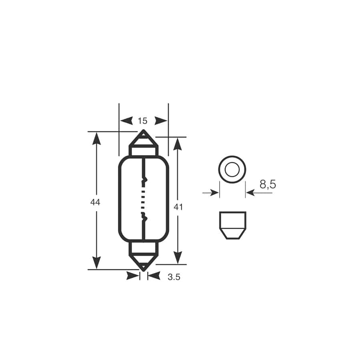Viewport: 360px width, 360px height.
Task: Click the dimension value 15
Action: [x=142, y=121]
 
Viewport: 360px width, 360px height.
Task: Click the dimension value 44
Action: [x=95, y=202]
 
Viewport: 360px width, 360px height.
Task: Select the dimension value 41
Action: [x=178, y=207]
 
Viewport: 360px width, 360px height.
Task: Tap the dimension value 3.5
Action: [x=174, y=277]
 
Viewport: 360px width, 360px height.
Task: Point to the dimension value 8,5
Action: [x=268, y=184]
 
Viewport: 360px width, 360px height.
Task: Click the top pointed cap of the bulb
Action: [x=143, y=139]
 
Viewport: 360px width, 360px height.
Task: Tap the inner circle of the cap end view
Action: [x=232, y=170]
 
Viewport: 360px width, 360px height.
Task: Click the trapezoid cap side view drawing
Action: [x=233, y=225]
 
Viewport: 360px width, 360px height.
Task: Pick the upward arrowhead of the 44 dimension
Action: [x=96, y=138]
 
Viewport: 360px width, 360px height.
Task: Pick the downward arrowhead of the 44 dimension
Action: [x=96, y=262]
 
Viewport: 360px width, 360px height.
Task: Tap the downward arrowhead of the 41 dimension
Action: [x=178, y=258]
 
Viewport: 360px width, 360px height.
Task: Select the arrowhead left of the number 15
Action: [x=126, y=121]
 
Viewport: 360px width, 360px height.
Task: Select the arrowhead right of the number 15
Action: [x=161, y=121]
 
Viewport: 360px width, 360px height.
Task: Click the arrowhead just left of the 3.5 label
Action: [x=154, y=276]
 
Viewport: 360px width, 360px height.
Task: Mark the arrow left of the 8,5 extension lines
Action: [x=211, y=193]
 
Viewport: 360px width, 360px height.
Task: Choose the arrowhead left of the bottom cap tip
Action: [x=133, y=276]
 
